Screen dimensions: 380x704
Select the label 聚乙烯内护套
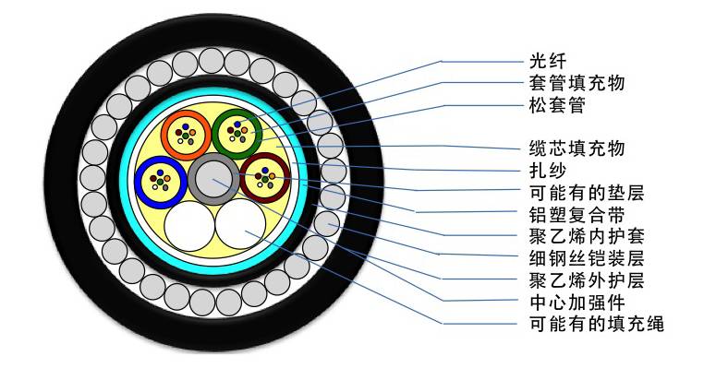coord(570,236)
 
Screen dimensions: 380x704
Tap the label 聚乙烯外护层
coord(570,280)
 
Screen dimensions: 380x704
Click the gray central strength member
coord(212,176)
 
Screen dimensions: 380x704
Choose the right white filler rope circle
coord(239,223)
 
